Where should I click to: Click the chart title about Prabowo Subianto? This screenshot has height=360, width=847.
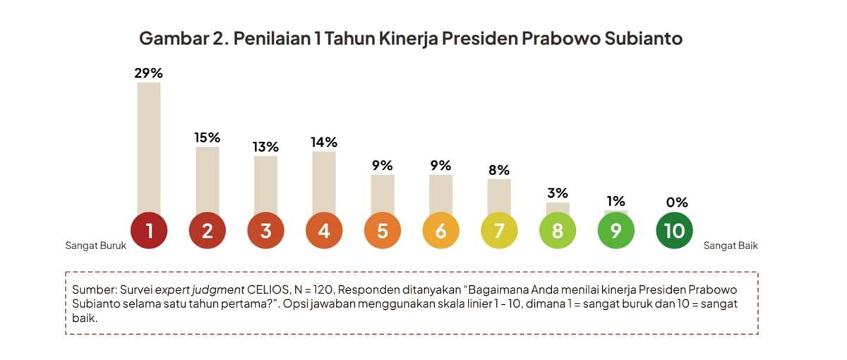(x=410, y=38)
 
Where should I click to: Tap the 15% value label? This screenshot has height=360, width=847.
(x=208, y=138)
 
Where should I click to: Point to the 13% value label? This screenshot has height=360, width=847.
(x=266, y=147)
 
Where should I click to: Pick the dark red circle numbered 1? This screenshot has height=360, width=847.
(x=149, y=231)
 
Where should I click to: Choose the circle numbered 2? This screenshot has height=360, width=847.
(x=208, y=231)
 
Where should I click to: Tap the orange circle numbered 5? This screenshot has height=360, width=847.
(x=383, y=231)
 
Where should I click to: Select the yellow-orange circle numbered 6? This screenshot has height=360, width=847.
(x=441, y=231)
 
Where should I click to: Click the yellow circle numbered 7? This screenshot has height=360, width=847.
(x=499, y=231)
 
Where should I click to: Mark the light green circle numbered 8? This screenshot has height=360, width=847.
(x=558, y=231)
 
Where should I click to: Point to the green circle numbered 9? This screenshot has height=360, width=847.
(x=616, y=231)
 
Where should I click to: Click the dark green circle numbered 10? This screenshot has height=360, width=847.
(x=674, y=231)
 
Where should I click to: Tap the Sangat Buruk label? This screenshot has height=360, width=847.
(x=95, y=246)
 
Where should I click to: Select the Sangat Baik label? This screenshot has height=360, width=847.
(x=731, y=246)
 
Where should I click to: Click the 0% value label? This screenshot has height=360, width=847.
(x=676, y=203)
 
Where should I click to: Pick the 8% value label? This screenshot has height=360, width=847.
(x=499, y=170)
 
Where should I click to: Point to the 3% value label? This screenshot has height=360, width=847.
(x=558, y=193)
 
